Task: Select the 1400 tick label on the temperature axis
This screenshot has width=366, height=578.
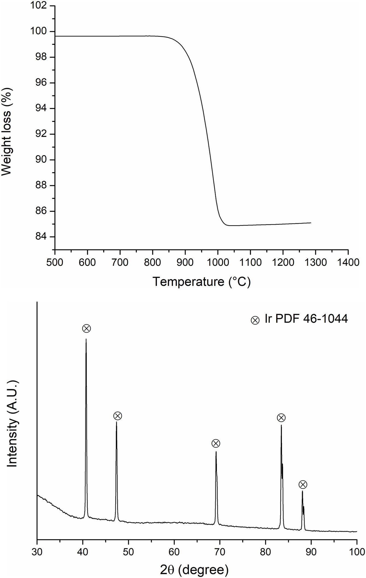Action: click(348, 263)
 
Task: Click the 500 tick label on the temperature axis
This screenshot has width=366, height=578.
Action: click(55, 263)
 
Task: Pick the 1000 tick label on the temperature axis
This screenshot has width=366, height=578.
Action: click(218, 263)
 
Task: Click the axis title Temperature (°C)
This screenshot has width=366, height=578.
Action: click(201, 282)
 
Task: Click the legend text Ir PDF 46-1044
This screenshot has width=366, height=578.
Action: click(306, 319)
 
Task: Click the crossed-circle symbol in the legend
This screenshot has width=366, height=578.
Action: click(255, 320)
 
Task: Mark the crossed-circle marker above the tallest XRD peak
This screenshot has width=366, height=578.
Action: click(87, 329)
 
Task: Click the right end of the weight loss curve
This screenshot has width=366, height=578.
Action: click(311, 223)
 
